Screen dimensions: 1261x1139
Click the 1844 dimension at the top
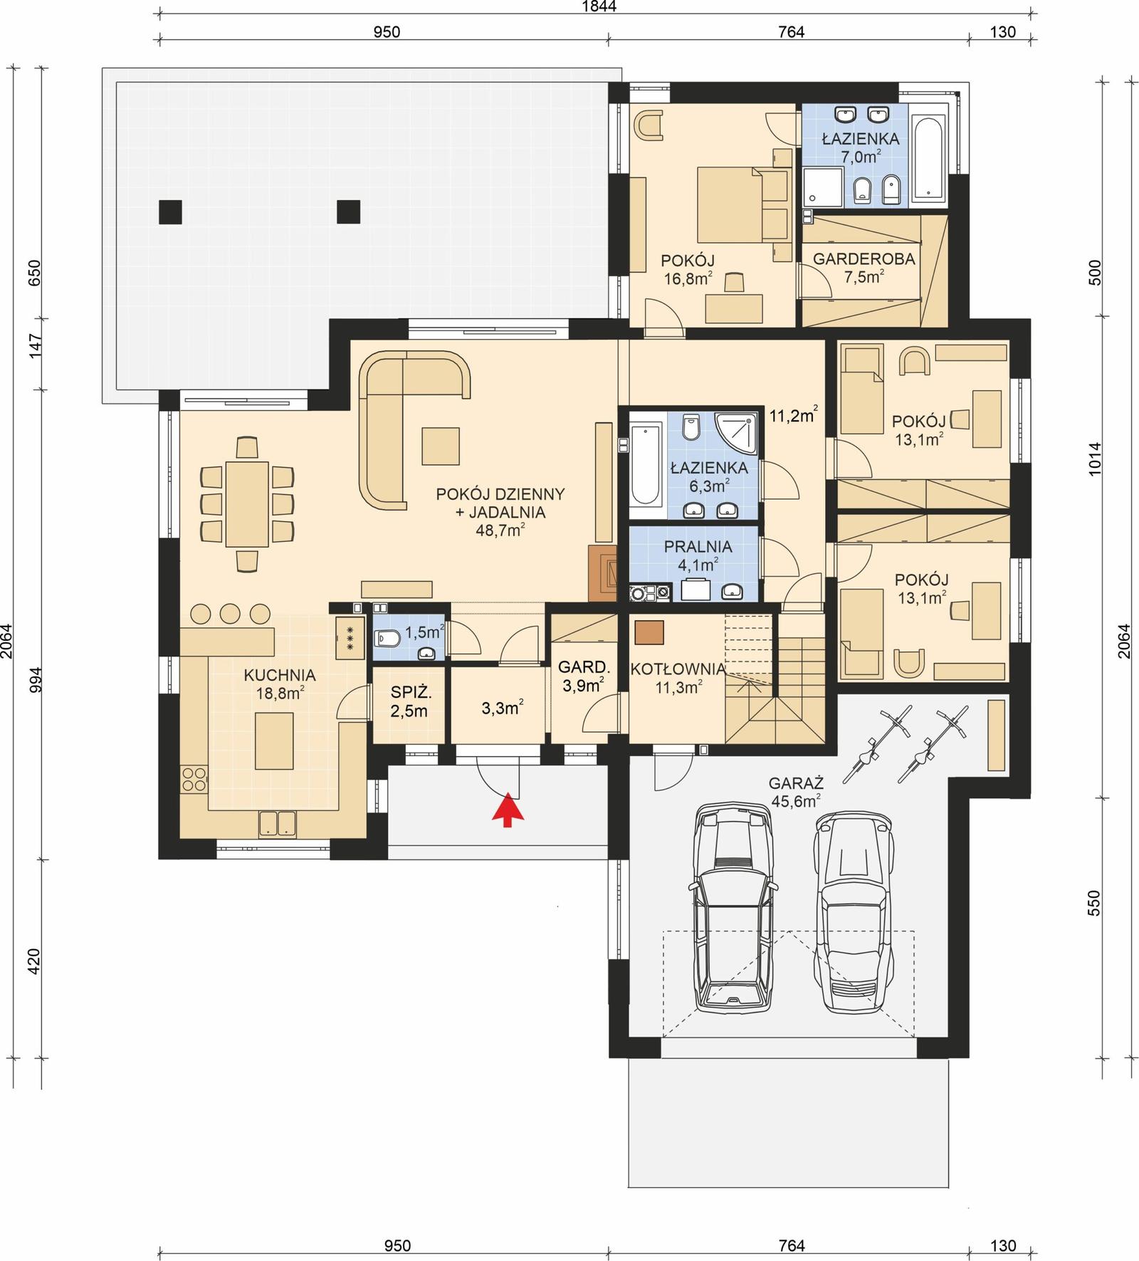coord(598,7)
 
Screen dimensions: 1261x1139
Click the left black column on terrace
coord(170,211)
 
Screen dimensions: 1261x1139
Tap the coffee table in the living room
coord(441,445)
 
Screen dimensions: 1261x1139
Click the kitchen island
coord(274,742)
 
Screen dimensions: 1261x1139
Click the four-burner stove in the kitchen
coord(194,779)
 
